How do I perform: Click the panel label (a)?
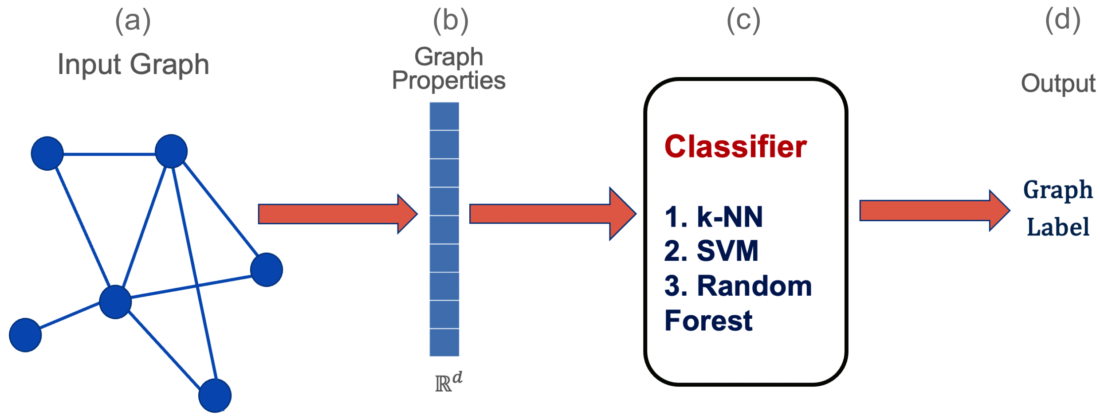(133, 21)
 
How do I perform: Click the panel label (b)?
(451, 21)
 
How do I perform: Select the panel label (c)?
(743, 21)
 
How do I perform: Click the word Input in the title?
(89, 65)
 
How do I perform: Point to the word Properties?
(448, 81)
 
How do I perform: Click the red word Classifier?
(735, 147)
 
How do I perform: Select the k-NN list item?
(714, 217)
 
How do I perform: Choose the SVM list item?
(711, 251)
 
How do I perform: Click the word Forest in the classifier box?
(708, 320)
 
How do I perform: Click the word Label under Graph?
(1058, 227)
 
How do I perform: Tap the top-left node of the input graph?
(47, 153)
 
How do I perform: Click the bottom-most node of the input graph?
(215, 396)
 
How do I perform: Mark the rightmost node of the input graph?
(266, 270)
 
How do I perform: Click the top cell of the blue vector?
(444, 116)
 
